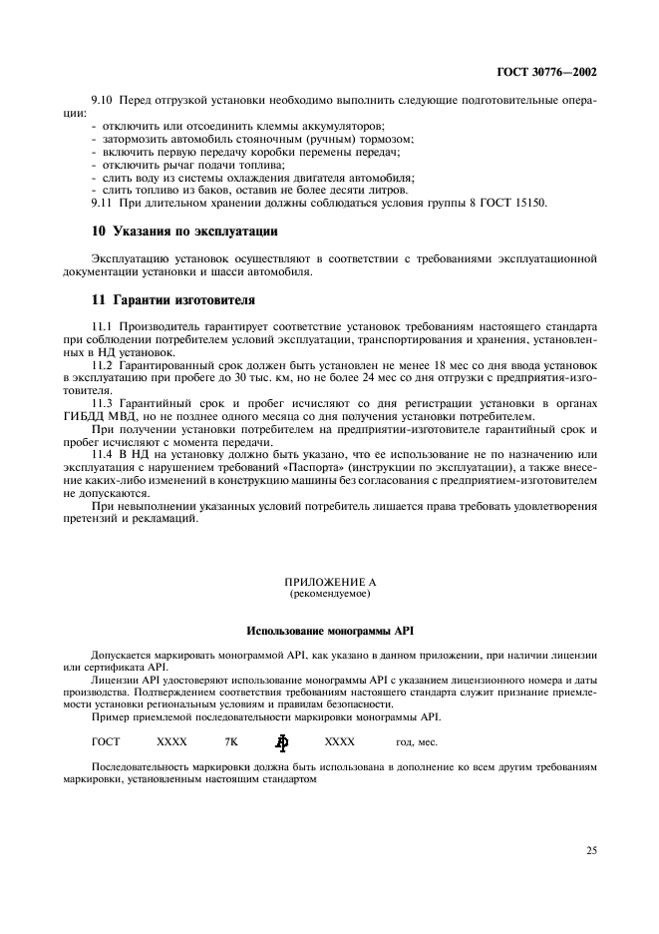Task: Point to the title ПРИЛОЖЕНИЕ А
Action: point(329,581)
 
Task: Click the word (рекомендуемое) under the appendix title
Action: point(329,593)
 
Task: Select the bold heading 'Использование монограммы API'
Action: point(329,632)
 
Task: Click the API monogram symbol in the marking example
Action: point(282,741)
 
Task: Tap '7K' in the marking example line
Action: point(231,742)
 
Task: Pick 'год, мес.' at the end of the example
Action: point(417,742)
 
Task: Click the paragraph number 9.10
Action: point(103,113)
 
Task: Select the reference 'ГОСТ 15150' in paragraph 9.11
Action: point(512,204)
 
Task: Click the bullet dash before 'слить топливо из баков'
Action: point(94,190)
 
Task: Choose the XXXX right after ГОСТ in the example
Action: point(171,742)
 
